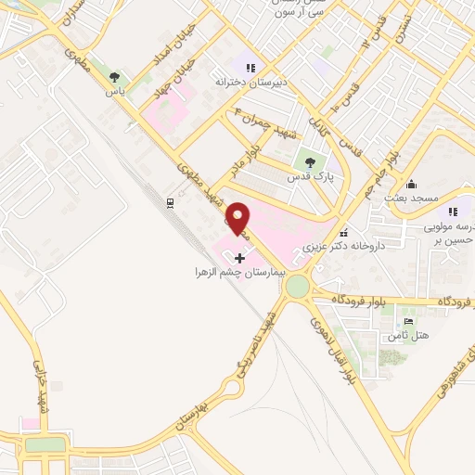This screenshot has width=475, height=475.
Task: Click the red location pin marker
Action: coord(239,218)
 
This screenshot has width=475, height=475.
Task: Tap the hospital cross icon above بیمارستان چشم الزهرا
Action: coord(240,256)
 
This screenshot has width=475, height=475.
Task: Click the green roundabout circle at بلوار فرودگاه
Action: coord(299,288)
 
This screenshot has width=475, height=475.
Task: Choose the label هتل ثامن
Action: coord(403,335)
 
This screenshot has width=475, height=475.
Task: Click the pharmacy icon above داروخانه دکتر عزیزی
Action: coord(345,233)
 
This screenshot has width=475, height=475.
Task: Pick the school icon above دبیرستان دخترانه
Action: coord(249,66)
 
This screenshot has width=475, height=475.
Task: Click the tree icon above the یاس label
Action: coord(114,77)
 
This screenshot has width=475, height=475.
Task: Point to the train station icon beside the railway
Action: coord(170,201)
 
